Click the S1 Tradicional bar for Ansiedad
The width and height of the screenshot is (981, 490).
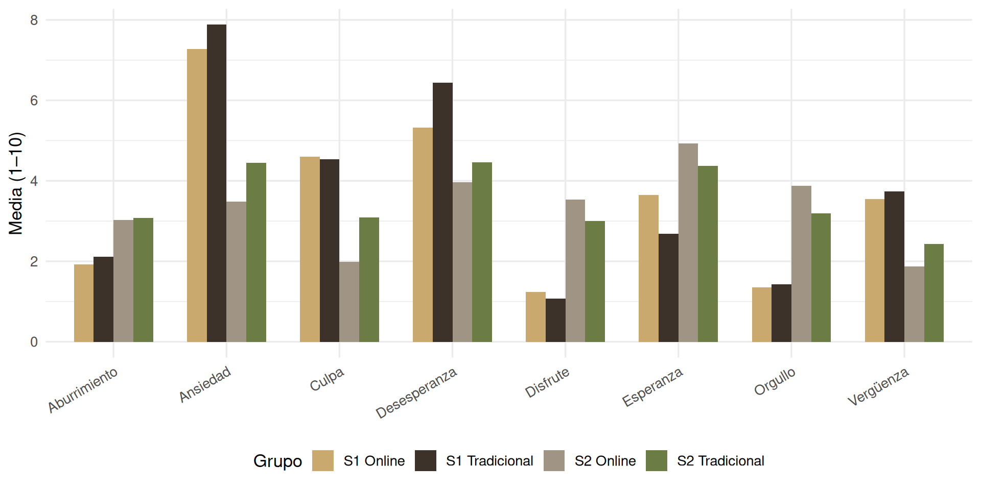217,183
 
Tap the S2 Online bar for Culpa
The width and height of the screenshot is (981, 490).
349,302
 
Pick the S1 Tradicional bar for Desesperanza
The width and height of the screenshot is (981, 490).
442,212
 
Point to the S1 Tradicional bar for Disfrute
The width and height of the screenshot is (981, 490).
555,320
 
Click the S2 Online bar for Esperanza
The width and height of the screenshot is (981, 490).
688,242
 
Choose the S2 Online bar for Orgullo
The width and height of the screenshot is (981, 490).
801,264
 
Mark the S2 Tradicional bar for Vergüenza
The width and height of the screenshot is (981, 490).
934,293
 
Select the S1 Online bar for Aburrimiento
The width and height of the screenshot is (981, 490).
84,303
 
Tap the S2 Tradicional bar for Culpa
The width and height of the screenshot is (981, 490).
369,280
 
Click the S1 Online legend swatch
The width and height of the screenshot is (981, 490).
323,460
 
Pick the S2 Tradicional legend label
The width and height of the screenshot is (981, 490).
720,461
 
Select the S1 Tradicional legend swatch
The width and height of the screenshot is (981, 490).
426,460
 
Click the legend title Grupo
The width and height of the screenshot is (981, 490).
277,461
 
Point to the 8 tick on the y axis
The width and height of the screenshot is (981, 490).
34,20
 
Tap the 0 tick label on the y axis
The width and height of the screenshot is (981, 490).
34,342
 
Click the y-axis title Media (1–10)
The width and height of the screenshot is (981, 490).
16,184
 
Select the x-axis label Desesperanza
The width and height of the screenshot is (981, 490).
416,393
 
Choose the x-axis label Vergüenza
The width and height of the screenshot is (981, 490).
878,386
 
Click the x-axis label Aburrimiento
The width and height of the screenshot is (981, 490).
83,390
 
